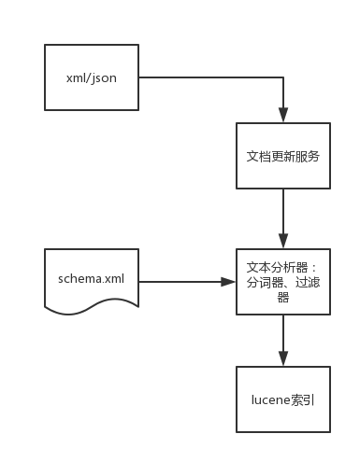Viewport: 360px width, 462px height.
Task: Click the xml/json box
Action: pos(92,77)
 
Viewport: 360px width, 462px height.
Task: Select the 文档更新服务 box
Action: pos(283,156)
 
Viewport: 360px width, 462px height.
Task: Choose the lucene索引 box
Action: pos(283,399)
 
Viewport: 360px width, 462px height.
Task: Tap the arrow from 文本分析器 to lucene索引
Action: pos(283,338)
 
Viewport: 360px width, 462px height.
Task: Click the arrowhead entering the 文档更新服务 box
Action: pos(283,115)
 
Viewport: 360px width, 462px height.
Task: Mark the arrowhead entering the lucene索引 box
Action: pos(283,359)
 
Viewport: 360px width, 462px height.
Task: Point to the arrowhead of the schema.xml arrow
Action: pos(230,280)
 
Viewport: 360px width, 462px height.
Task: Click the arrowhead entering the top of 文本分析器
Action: pos(283,242)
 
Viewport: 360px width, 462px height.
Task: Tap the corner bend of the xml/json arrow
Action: pos(283,77)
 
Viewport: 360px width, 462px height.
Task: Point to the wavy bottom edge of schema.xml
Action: pos(92,305)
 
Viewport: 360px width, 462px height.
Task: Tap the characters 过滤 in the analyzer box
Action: pos(305,281)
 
